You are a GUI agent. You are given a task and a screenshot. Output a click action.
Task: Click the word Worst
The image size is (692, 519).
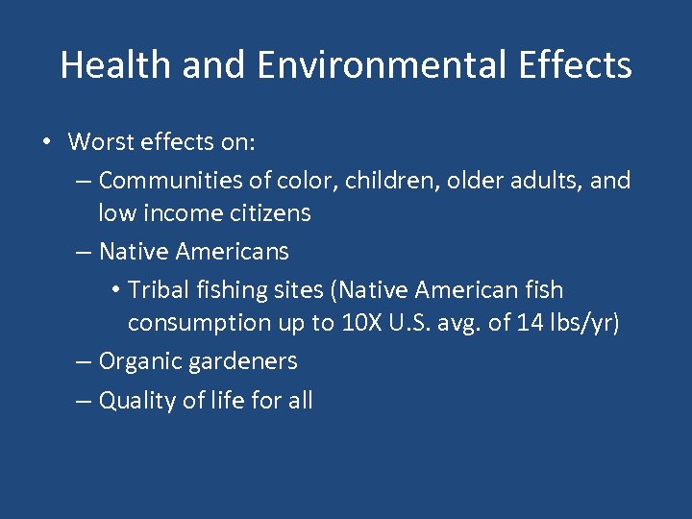[x=101, y=142]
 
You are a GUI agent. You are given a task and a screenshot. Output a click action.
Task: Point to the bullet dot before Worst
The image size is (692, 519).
[x=46, y=143]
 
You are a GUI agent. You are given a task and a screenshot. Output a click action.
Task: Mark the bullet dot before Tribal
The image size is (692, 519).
[x=114, y=290]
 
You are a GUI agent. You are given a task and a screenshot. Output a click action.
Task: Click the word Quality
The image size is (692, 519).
[x=140, y=400]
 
